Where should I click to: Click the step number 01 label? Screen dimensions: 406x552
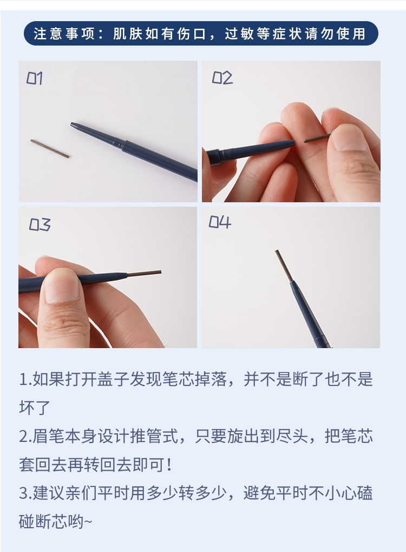click(35, 78)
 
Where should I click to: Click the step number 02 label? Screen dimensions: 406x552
click(222, 78)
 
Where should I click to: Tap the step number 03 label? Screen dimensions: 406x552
click(40, 224)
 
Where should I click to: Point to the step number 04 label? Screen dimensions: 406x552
click(220, 222)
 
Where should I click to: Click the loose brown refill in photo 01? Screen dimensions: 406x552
click(50, 149)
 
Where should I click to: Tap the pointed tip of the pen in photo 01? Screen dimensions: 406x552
click(71, 124)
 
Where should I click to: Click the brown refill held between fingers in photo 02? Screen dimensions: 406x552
click(317, 138)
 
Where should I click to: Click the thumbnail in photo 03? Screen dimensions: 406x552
click(62, 286)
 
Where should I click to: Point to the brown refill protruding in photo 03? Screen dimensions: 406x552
click(144, 273)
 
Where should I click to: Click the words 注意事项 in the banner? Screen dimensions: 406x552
click(64, 34)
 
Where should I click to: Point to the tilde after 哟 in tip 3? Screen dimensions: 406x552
click(88, 522)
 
